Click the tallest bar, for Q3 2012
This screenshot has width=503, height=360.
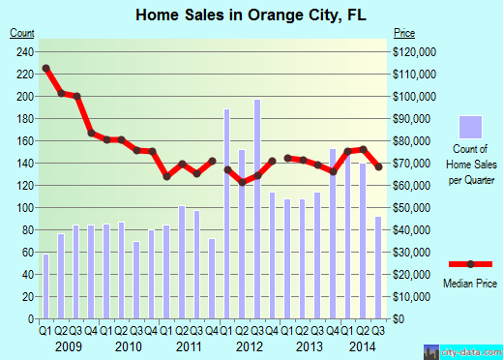[x=257, y=209]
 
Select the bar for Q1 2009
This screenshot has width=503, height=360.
[x=45, y=285]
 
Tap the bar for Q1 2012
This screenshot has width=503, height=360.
[x=227, y=214]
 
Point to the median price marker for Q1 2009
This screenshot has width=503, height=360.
[x=45, y=69]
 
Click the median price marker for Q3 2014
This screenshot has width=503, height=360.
[x=378, y=166]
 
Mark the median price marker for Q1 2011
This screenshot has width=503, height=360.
[x=166, y=176]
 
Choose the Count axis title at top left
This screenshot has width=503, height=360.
[x=22, y=32]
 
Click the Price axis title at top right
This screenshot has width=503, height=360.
[x=403, y=32]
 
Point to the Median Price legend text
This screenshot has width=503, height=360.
[x=471, y=285]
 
